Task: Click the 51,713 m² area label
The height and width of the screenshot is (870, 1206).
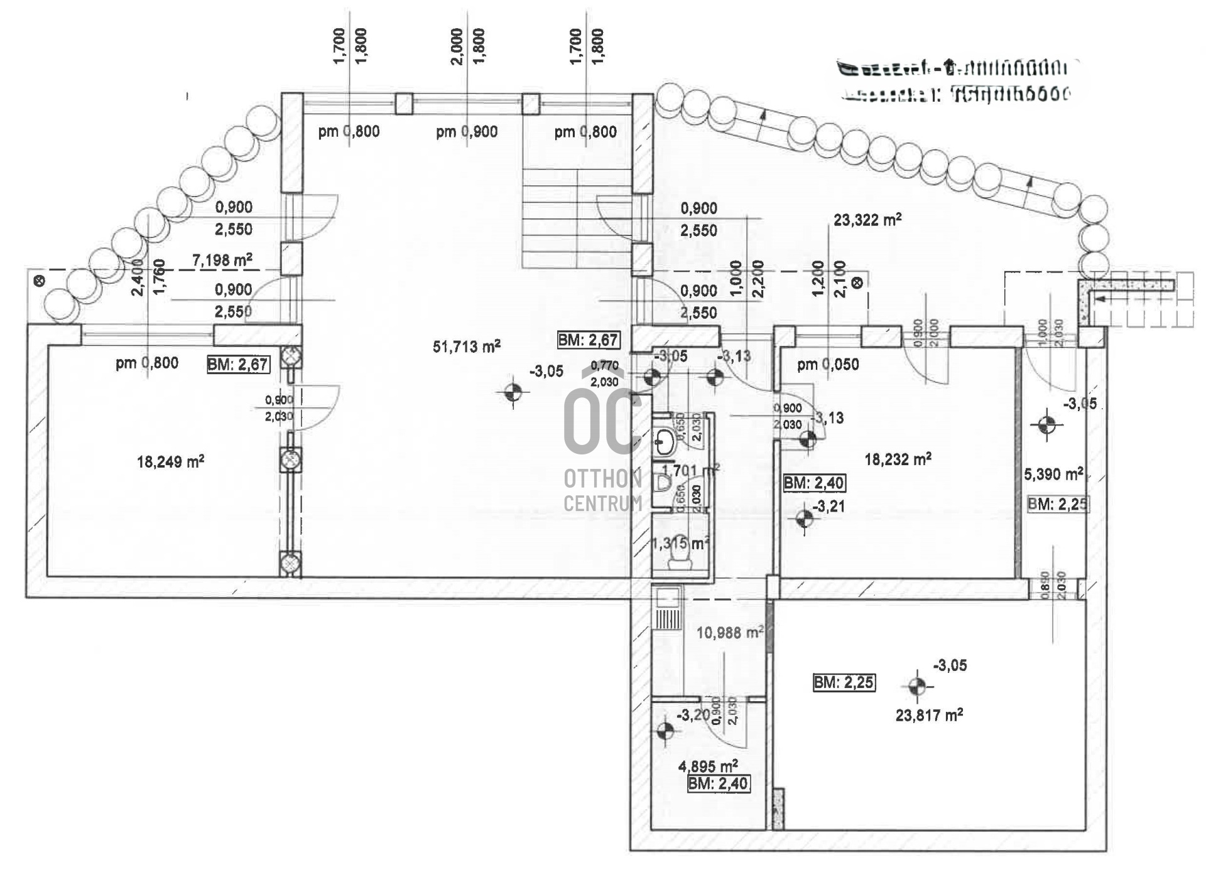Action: [466, 346]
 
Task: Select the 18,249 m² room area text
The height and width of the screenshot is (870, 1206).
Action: [170, 462]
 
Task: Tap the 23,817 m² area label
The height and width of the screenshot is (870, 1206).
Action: [929, 715]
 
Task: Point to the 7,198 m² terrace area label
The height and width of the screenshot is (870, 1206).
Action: [222, 260]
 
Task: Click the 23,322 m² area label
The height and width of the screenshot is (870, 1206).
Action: [867, 220]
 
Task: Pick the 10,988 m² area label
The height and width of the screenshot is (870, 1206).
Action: [729, 632]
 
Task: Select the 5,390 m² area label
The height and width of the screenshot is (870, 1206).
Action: [1053, 474]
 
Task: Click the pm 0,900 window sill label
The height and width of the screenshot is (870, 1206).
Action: [467, 132]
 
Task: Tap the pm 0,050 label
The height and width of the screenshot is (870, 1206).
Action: [828, 364]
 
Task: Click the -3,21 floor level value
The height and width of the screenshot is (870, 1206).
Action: [829, 506]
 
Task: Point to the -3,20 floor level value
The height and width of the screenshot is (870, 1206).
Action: [693, 715]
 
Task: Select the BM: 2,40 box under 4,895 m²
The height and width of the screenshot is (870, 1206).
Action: [719, 783]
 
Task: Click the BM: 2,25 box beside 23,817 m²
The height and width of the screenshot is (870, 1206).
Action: [844, 682]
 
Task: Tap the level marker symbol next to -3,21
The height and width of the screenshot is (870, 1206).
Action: [804, 519]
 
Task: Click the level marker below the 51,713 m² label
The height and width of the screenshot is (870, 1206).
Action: [513, 393]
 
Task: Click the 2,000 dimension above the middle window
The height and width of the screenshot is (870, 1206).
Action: [457, 46]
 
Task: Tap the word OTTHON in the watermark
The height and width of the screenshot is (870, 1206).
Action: [602, 479]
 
